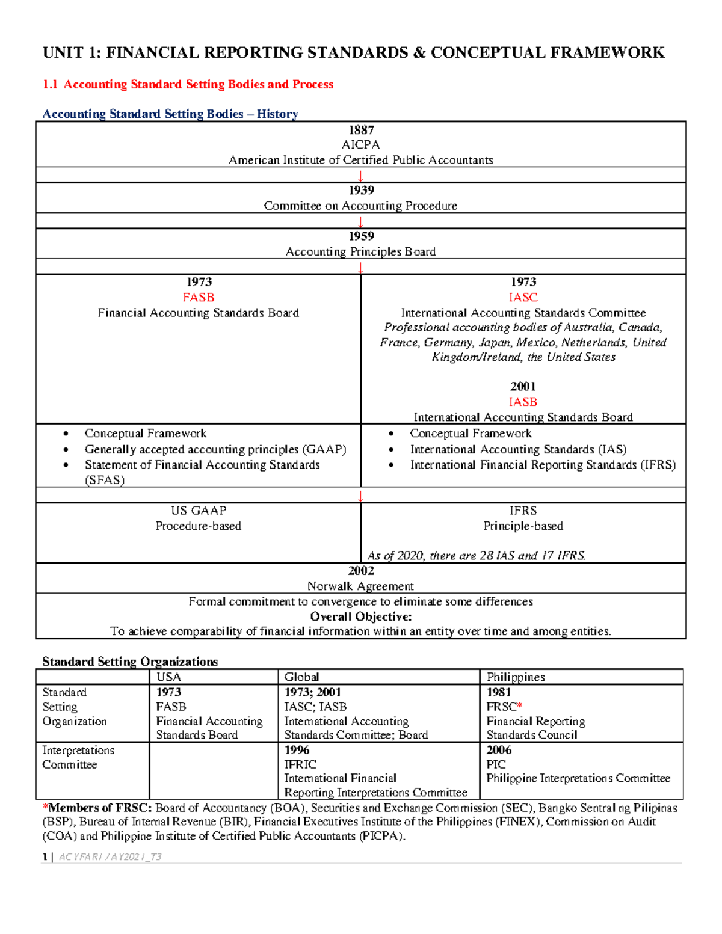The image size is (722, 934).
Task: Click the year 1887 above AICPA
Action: point(361,130)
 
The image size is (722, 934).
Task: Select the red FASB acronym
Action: point(199,298)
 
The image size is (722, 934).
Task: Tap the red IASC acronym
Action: point(523,298)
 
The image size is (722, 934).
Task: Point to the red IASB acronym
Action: point(523,402)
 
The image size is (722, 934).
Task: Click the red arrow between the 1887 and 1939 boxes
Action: point(360,176)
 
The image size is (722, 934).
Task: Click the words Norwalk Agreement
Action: point(360,586)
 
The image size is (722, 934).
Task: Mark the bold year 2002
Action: point(361,571)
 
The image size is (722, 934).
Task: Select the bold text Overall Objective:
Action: point(361,616)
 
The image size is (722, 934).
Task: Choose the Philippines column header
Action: point(516,677)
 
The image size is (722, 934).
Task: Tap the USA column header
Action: point(168,677)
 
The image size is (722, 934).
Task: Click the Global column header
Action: point(301,677)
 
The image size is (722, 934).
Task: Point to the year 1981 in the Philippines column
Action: point(499,692)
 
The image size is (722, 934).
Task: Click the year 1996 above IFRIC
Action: point(297,750)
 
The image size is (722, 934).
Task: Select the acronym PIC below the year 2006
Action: point(496,764)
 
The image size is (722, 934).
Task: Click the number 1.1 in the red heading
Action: point(50,85)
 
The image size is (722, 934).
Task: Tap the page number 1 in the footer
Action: point(45,857)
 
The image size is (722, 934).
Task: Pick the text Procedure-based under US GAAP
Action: point(199,526)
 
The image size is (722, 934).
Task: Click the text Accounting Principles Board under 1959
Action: point(360,252)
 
